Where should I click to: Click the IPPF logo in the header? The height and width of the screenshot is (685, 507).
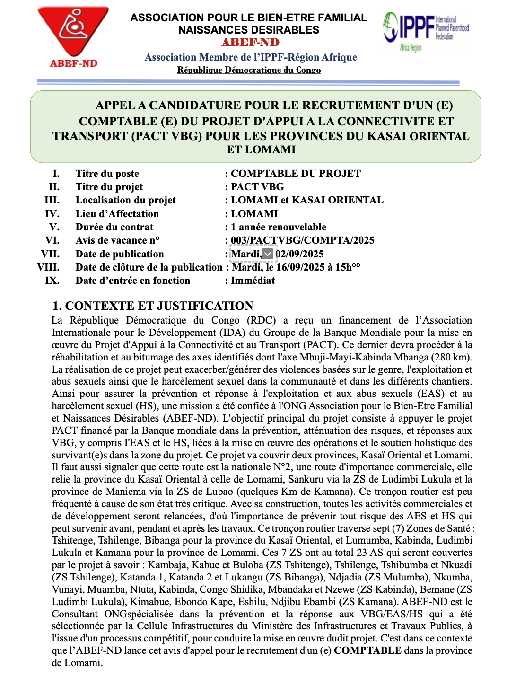tap(425, 30)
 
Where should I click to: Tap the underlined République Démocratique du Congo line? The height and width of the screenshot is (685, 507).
tap(249, 70)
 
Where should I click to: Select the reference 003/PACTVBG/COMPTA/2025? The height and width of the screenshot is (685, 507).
tap(302, 240)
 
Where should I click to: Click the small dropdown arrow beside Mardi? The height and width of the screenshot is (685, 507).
tap(268, 254)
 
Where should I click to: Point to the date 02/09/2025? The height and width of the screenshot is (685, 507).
tap(299, 254)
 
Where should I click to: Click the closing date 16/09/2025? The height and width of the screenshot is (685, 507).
tap(305, 267)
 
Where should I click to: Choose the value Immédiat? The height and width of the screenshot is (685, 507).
tap(253, 281)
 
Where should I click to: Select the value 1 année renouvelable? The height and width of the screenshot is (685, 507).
tap(279, 227)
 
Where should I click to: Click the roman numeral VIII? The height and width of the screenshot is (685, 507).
tap(48, 267)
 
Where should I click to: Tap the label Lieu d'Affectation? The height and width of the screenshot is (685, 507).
tap(117, 214)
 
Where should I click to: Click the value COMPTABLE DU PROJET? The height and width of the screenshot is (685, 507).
tap(296, 174)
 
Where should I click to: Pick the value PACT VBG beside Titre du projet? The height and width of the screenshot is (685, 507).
tap(257, 187)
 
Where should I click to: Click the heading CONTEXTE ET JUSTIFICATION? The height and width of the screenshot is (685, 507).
tap(159, 306)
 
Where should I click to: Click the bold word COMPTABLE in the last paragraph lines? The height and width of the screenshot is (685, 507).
tap(367, 650)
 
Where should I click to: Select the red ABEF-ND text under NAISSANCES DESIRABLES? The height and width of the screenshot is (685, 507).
tap(250, 43)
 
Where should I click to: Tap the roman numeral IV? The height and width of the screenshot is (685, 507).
tap(52, 214)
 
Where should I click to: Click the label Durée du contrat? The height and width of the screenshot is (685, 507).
tap(114, 227)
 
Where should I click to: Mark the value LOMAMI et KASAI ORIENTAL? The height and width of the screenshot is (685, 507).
tap(307, 200)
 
